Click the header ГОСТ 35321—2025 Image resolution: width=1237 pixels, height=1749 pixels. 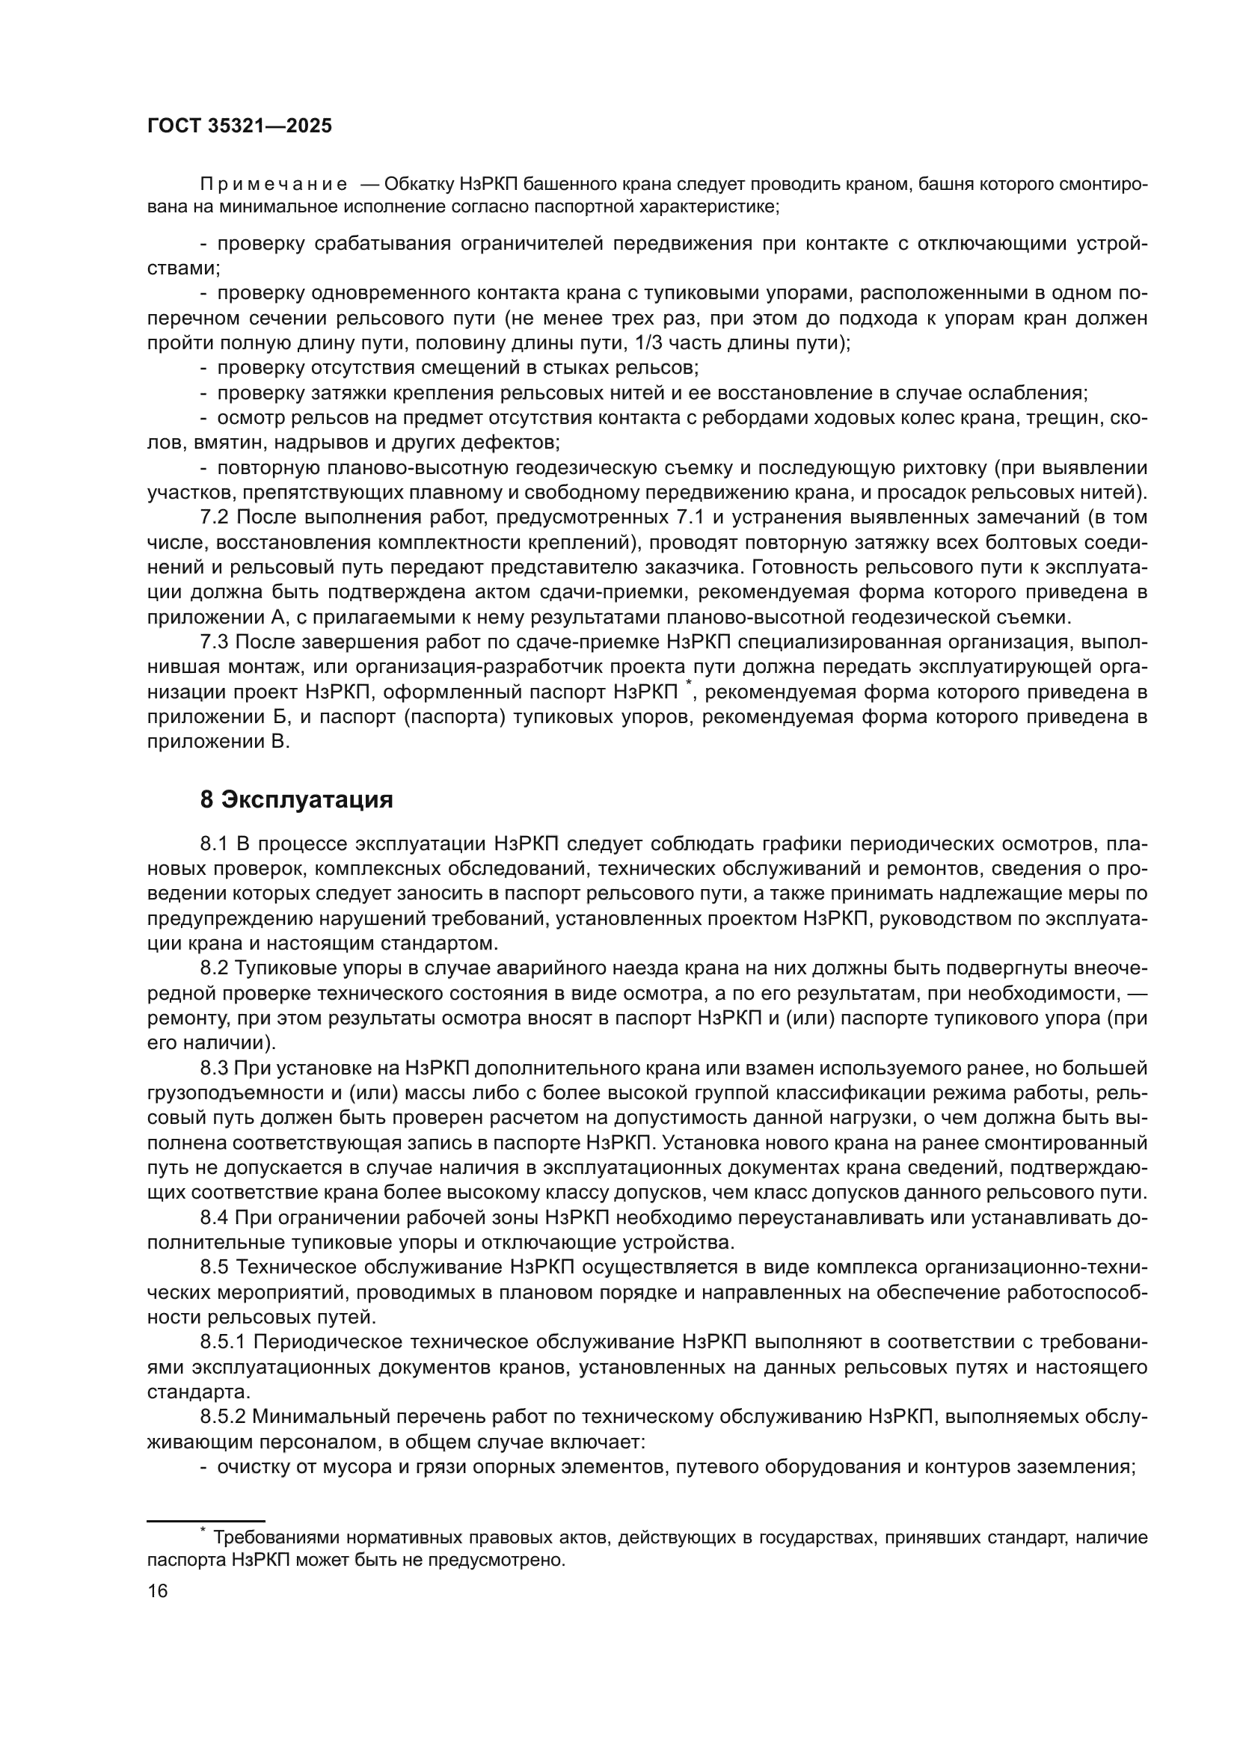(239, 126)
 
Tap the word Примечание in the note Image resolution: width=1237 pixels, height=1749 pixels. (274, 185)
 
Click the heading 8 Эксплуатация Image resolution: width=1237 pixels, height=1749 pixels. (296, 801)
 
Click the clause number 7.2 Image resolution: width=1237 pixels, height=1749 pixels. (214, 518)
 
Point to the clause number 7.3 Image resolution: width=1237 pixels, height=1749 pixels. (214, 643)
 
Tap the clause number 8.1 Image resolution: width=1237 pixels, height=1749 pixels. (214, 844)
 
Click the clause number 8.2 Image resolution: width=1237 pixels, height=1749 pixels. (214, 969)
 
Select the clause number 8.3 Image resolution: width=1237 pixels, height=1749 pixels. (214, 1069)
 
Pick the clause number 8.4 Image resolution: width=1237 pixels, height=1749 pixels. (214, 1218)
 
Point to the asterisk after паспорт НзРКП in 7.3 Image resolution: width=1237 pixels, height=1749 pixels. (689, 685)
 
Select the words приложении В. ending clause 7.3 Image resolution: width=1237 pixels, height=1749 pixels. (218, 743)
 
